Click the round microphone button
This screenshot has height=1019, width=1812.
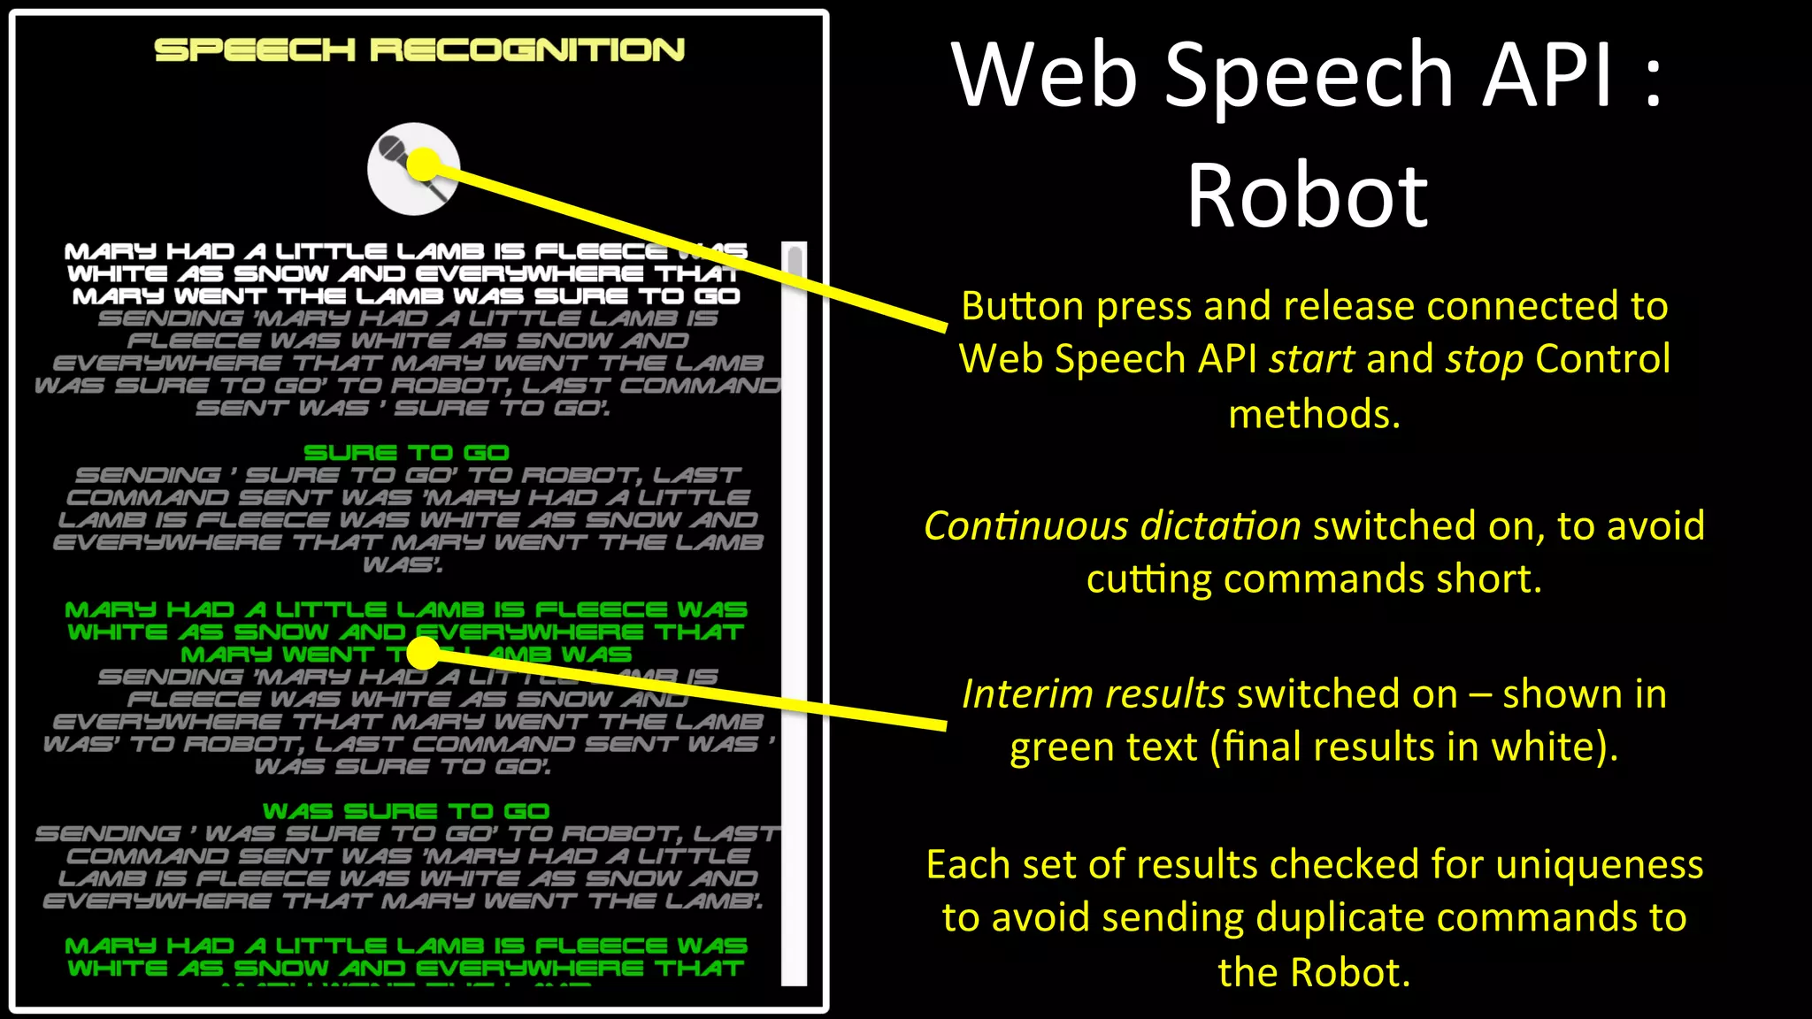413,169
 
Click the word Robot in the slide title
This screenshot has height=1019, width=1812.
1307,195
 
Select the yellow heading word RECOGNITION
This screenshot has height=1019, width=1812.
527,50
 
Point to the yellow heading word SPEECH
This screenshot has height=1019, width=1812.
255,50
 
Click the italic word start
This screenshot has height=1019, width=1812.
1311,359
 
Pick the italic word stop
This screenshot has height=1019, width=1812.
1485,359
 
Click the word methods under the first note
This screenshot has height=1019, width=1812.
1314,414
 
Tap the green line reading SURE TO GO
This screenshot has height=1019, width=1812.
406,453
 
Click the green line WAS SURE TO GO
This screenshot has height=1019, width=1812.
406,811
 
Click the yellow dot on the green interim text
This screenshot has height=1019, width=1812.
424,653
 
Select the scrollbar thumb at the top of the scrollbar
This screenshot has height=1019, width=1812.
795,262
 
